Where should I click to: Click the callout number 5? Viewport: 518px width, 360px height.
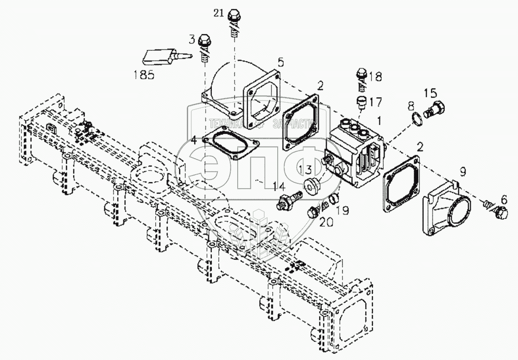(280, 62)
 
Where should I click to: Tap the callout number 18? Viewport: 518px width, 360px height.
(375, 76)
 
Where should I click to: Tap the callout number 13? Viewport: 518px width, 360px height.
(305, 169)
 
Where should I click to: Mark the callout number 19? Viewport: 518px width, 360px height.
(343, 210)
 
